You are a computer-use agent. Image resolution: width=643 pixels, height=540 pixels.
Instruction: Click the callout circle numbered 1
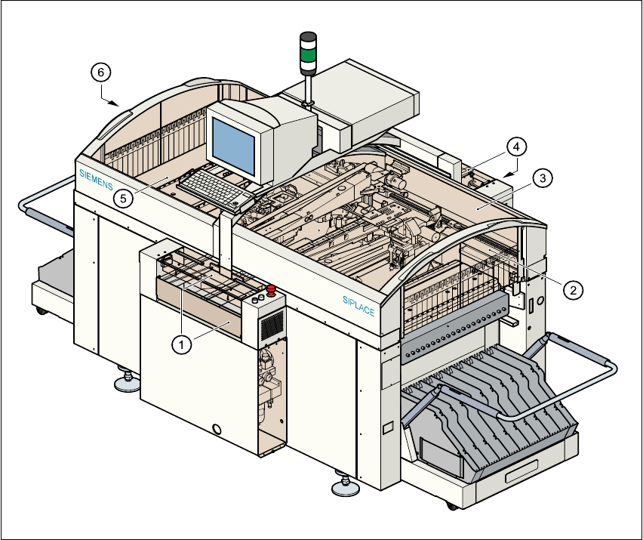tap(180, 344)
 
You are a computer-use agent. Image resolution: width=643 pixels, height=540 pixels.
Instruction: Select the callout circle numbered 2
tap(574, 289)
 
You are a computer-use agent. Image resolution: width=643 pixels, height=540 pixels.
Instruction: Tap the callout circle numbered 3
tap(542, 179)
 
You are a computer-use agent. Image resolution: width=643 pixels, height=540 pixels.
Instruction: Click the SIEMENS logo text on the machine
tap(96, 179)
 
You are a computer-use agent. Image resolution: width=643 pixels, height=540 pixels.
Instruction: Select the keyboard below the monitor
tap(215, 189)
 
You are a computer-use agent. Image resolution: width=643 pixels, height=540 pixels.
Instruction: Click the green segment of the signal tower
tap(309, 54)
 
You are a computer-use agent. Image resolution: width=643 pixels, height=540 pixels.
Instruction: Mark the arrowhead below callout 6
tap(113, 102)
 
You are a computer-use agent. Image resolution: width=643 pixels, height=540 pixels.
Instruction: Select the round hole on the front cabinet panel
tap(218, 430)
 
